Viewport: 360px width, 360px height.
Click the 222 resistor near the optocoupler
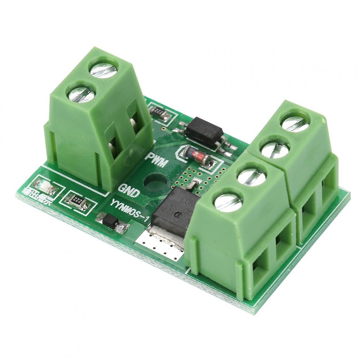pos(159,112)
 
